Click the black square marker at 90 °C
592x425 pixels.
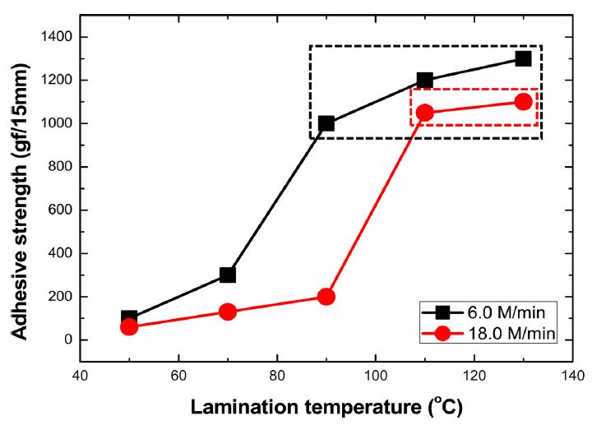click(326, 123)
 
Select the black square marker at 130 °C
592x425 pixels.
click(523, 58)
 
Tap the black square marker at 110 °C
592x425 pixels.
click(424, 80)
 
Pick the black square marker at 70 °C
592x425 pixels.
click(228, 275)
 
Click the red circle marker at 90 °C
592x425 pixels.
click(326, 297)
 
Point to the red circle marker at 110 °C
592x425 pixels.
click(424, 113)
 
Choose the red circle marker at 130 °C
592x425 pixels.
click(523, 101)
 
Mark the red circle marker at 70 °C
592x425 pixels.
click(228, 312)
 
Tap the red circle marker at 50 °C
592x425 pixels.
click(129, 326)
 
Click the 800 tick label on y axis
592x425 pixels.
click(61, 167)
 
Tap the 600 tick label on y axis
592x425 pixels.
click(61, 210)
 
